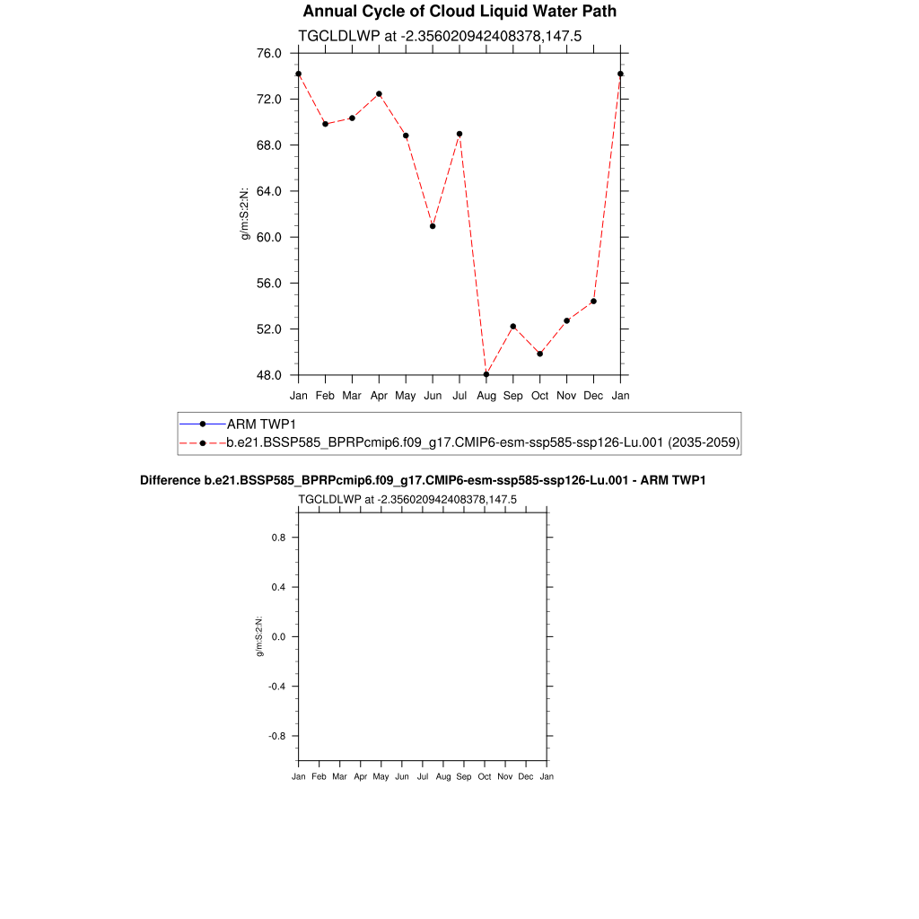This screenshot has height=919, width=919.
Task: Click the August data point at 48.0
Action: (x=486, y=374)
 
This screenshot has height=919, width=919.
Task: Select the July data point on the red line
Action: (x=459, y=134)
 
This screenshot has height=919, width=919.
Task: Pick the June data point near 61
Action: (x=433, y=226)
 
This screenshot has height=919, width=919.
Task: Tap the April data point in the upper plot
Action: (x=379, y=93)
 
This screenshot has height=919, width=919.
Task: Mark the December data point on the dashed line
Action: (x=593, y=301)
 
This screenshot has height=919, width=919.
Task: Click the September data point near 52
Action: (x=513, y=326)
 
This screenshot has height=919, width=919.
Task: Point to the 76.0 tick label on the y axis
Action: (x=269, y=53)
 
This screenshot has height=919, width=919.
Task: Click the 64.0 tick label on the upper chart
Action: (x=269, y=191)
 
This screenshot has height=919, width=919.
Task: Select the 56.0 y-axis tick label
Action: (x=269, y=283)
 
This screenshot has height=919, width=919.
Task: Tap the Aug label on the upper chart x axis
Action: (x=486, y=395)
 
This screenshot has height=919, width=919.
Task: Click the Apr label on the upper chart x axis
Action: (x=379, y=395)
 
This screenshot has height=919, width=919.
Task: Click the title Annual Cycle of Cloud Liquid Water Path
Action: (x=459, y=12)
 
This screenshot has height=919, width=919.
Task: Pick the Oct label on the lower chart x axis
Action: (x=485, y=776)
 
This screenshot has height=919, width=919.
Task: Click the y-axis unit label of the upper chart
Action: (x=244, y=214)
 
